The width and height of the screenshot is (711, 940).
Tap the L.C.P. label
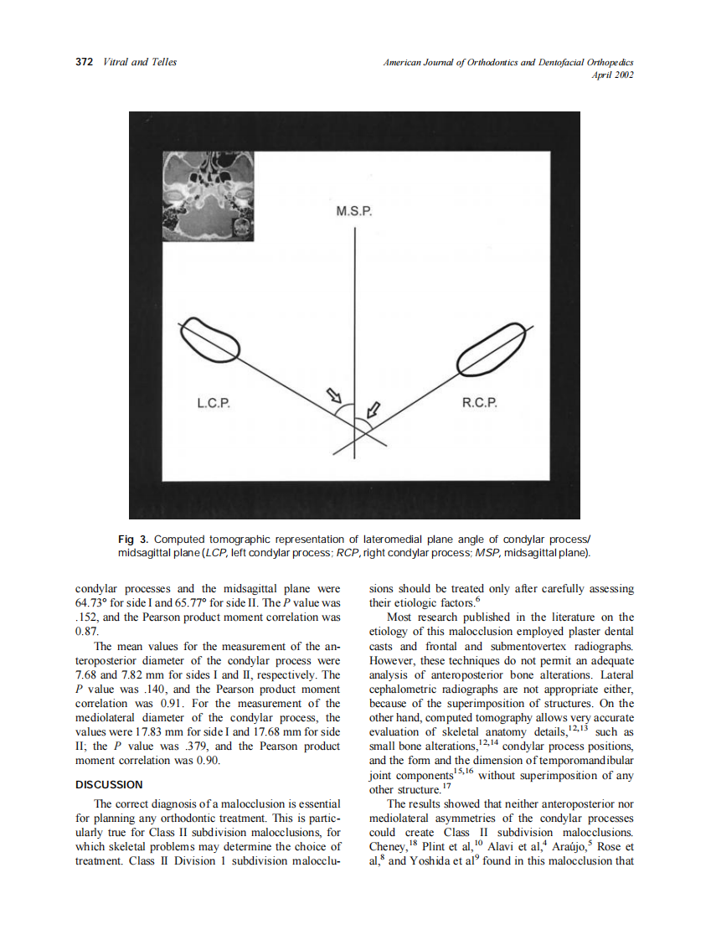click(x=214, y=404)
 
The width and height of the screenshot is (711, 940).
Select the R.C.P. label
click(x=480, y=404)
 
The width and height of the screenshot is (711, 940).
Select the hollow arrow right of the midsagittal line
click(x=374, y=410)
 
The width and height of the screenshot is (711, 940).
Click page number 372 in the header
click(x=84, y=62)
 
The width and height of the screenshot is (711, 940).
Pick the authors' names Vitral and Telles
click(x=139, y=62)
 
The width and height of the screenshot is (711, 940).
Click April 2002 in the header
click(x=612, y=75)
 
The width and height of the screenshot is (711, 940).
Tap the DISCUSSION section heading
click(x=109, y=785)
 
